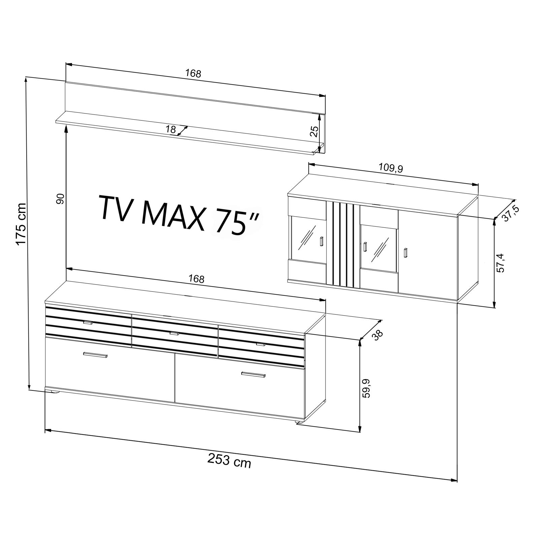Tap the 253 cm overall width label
[229, 461]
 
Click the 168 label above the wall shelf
[193, 73]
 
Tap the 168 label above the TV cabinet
[196, 279]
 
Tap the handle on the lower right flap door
[253, 374]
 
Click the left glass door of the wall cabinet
[307, 240]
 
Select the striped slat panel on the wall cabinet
[343, 244]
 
